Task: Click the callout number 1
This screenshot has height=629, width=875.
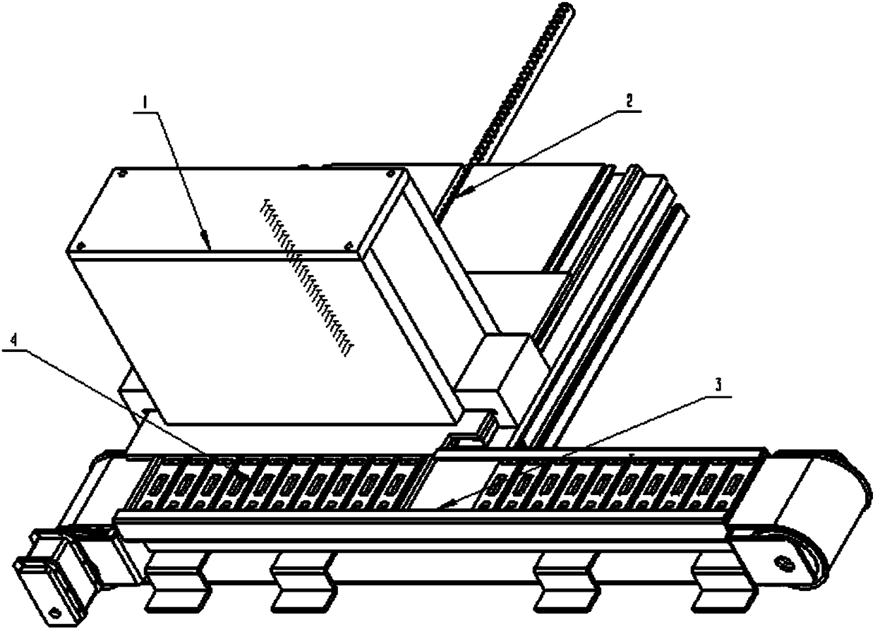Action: coord(145,103)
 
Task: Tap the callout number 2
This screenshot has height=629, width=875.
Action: coord(629,102)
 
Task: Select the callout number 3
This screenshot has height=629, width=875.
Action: coord(718,385)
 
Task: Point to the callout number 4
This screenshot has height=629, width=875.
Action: coord(14,340)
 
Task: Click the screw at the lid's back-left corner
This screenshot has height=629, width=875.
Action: coord(122,172)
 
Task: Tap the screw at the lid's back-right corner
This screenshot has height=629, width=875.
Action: coord(390,173)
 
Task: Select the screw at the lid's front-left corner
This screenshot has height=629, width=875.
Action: coord(80,246)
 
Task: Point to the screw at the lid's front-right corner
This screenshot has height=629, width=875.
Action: coord(349,245)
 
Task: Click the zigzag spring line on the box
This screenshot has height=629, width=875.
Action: coord(306,277)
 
